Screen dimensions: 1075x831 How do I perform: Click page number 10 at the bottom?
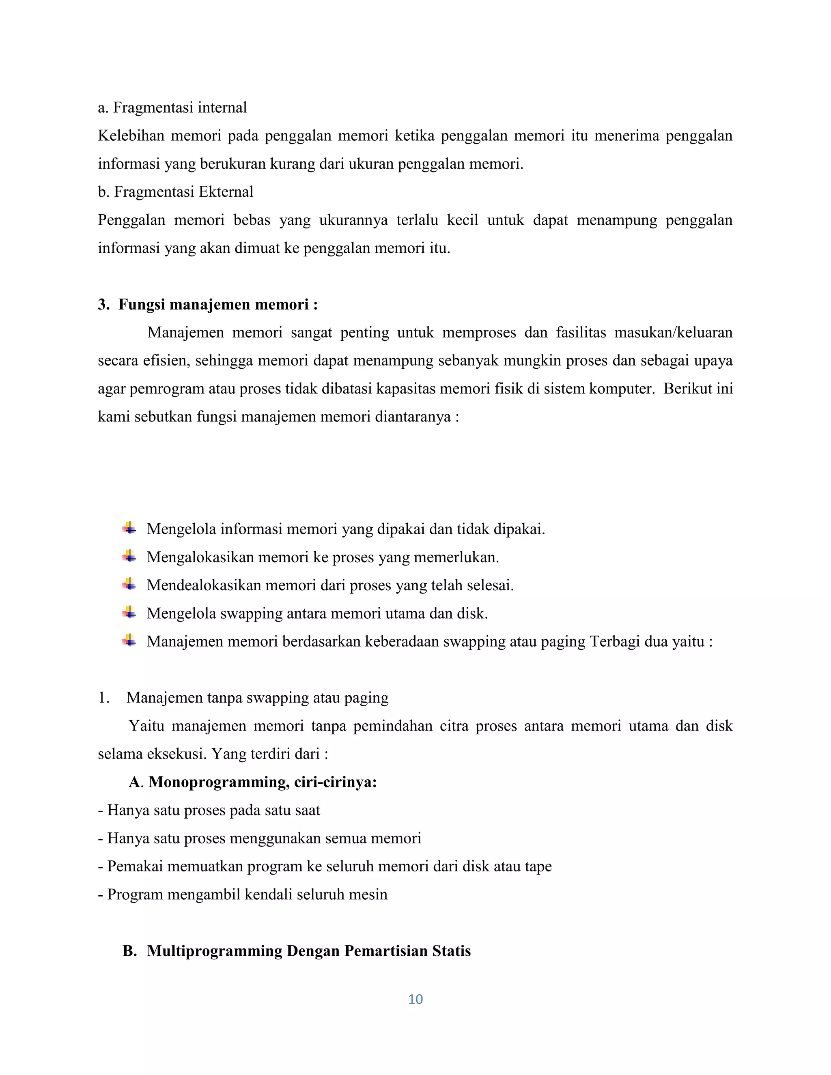pos(415,999)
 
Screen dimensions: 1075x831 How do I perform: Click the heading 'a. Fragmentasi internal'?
pos(172,107)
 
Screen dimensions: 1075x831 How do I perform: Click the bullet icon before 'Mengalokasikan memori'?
pos(129,557)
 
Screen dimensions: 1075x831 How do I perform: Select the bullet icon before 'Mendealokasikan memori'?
pos(129,585)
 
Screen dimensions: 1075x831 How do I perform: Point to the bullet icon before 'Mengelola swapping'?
pos(129,613)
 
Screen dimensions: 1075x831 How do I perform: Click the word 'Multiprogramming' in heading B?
pos(215,950)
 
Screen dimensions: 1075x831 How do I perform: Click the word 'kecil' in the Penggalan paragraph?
pos(462,219)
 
